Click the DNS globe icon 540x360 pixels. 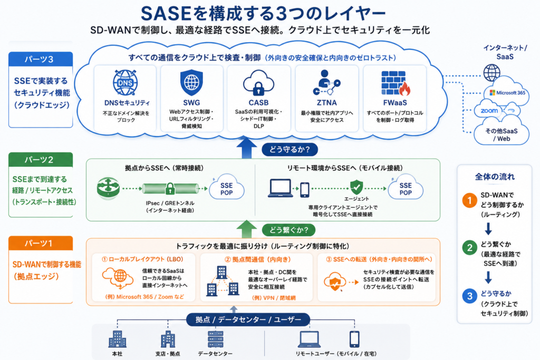point(126,83)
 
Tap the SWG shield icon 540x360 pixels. point(191,83)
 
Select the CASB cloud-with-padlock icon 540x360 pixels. point(258,83)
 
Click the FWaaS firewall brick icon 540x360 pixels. point(396,83)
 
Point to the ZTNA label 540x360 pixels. point(327,103)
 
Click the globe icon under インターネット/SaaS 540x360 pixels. point(491,73)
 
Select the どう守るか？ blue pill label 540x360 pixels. point(290,150)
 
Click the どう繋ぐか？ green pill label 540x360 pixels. point(288,230)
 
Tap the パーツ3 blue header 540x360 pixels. point(41,59)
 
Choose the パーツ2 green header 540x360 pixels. point(41,160)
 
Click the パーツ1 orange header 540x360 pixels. point(41,244)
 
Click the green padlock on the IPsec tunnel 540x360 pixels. point(170,189)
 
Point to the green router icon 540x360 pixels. point(108,188)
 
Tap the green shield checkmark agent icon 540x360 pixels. point(356,187)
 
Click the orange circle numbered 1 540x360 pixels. point(469,200)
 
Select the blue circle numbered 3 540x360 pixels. point(469,296)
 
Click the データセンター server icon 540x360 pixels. point(216,339)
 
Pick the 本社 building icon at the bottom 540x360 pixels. point(118,339)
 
